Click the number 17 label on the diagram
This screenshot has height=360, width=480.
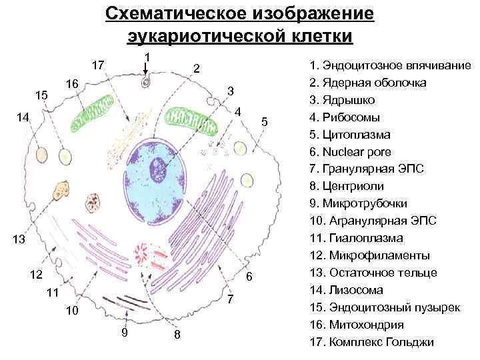pyautogui.click(x=97, y=65)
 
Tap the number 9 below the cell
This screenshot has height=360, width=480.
pyautogui.click(x=125, y=333)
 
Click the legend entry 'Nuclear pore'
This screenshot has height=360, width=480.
pyautogui.click(x=358, y=152)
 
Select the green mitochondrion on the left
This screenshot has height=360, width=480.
pyautogui.click(x=93, y=113)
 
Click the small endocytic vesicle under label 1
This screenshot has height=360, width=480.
pyautogui.click(x=146, y=83)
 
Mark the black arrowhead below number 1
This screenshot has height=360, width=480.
pyautogui.click(x=147, y=68)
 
